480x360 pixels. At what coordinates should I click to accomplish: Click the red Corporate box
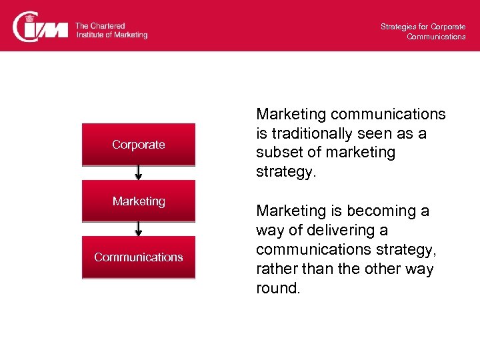click(x=139, y=144)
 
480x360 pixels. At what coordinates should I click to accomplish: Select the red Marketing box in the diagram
click(x=139, y=201)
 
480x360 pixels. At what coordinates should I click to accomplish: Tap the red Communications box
click(x=139, y=257)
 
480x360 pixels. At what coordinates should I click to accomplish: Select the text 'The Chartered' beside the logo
click(x=100, y=26)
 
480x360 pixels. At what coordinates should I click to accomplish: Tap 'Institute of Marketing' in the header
click(x=111, y=35)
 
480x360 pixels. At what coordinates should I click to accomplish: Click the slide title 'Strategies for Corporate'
click(x=423, y=27)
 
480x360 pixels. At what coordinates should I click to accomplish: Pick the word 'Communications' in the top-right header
click(x=436, y=37)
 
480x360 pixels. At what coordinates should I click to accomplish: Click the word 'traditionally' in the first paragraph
click(x=307, y=133)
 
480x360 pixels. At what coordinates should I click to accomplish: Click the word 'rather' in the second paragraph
click(x=275, y=269)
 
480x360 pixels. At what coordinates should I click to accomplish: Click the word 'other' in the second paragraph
click(x=375, y=269)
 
